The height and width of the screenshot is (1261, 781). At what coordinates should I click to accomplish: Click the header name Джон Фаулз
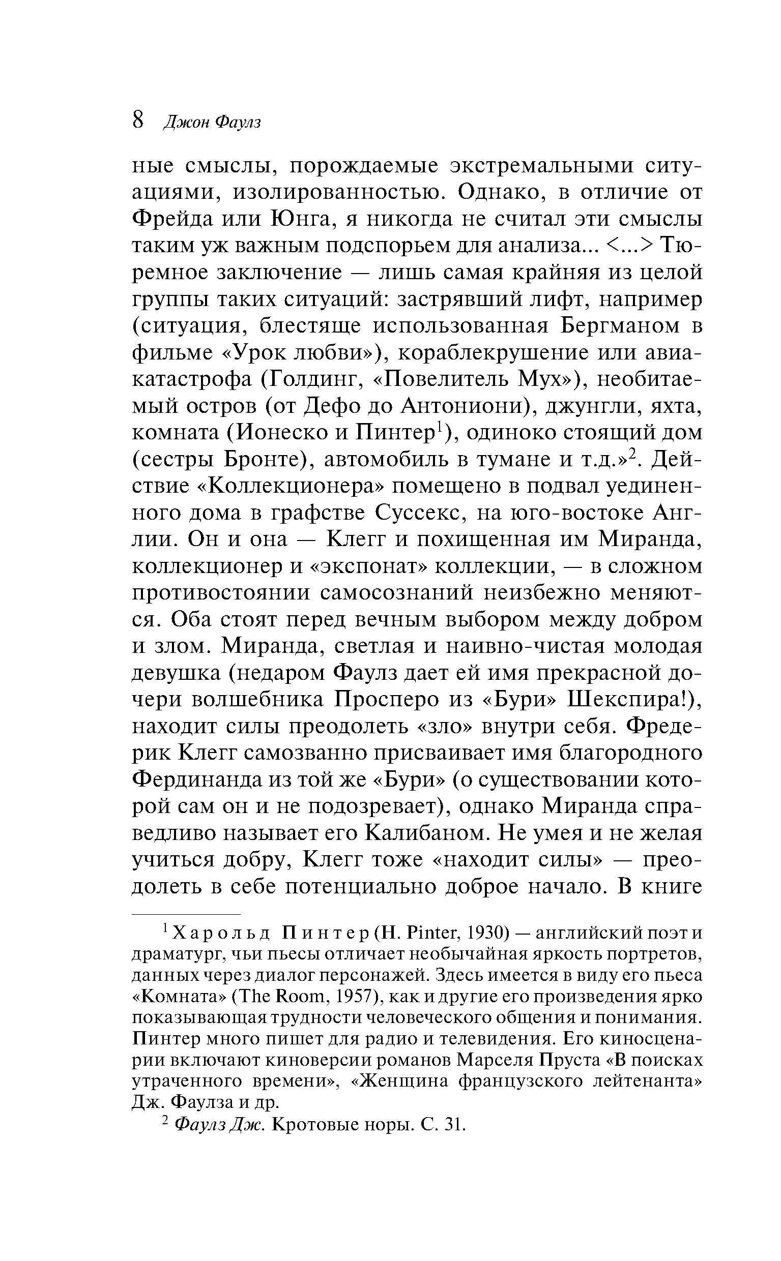click(x=211, y=123)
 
